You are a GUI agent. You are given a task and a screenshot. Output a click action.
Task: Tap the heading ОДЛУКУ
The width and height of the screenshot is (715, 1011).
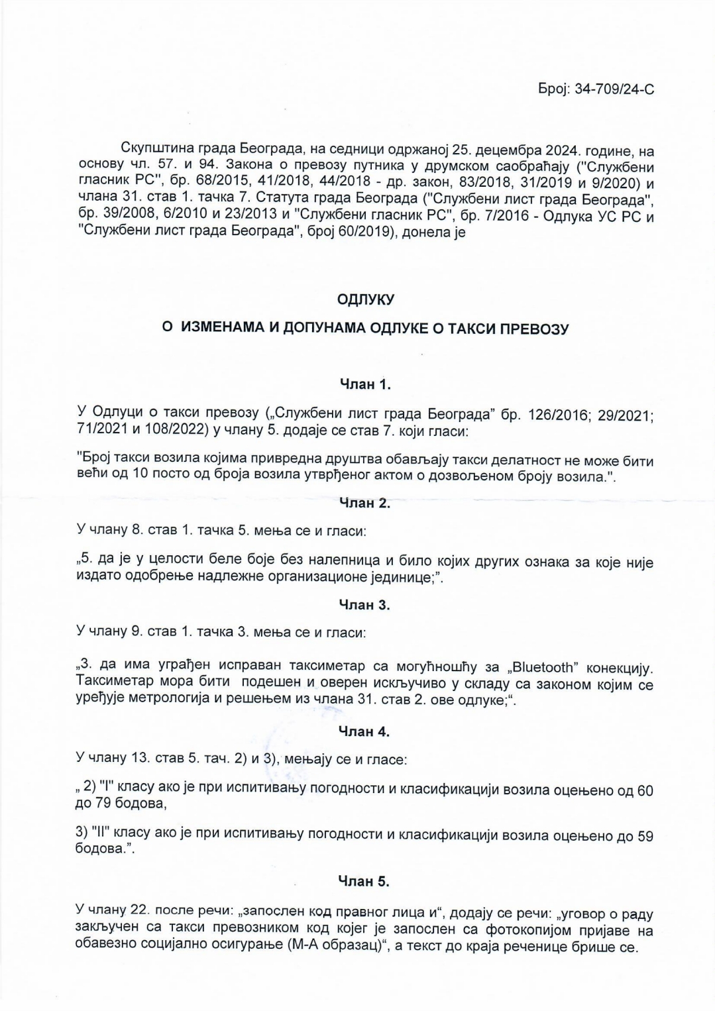click(365, 299)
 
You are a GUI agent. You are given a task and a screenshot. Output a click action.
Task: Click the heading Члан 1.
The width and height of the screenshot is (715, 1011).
click(365, 384)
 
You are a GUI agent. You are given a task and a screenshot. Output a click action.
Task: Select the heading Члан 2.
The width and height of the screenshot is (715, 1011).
click(364, 503)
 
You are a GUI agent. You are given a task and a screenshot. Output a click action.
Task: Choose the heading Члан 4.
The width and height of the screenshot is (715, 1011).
click(364, 731)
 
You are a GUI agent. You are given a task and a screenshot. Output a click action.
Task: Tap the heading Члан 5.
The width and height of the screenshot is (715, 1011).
click(364, 881)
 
